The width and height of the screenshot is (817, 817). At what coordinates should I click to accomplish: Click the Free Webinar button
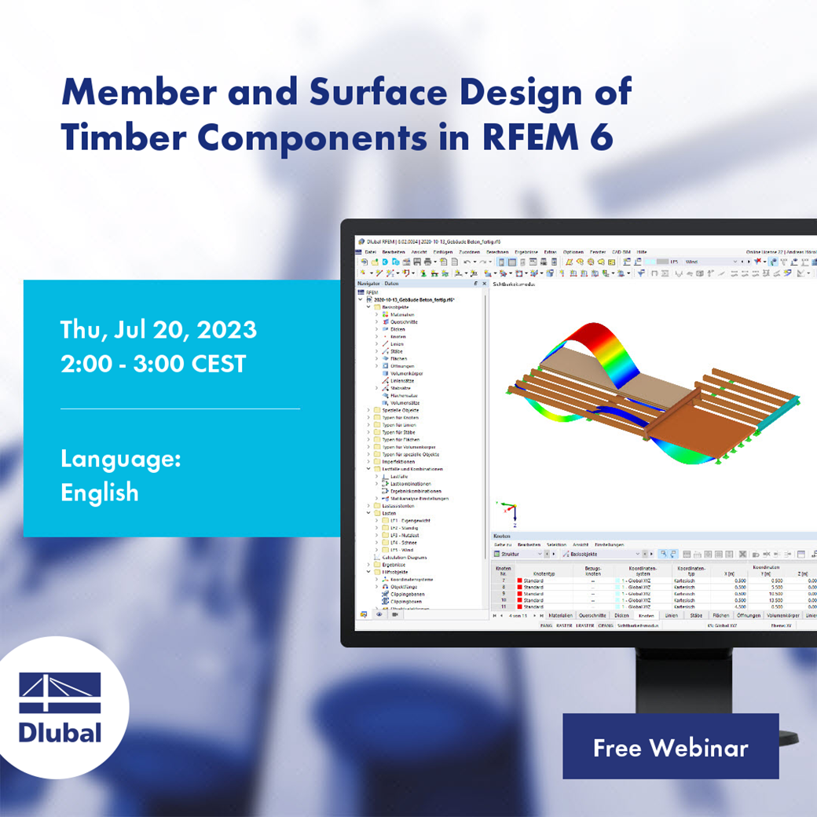(670, 747)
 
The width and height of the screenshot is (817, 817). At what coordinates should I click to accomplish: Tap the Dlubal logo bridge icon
(60, 692)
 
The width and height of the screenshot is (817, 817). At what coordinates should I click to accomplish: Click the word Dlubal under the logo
(60, 732)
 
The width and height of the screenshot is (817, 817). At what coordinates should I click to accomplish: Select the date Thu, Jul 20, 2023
(158, 329)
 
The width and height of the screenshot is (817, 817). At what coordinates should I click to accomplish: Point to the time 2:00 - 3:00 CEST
(153, 363)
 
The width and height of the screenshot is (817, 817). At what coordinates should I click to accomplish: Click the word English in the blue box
(100, 493)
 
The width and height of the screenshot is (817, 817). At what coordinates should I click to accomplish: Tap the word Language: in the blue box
(120, 459)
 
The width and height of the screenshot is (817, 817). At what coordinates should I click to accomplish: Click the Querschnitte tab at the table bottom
(592, 616)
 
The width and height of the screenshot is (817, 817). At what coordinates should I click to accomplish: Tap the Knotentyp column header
(543, 573)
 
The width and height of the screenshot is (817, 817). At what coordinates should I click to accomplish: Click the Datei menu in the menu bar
(370, 251)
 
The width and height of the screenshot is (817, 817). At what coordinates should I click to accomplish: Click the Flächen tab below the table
(720, 616)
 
